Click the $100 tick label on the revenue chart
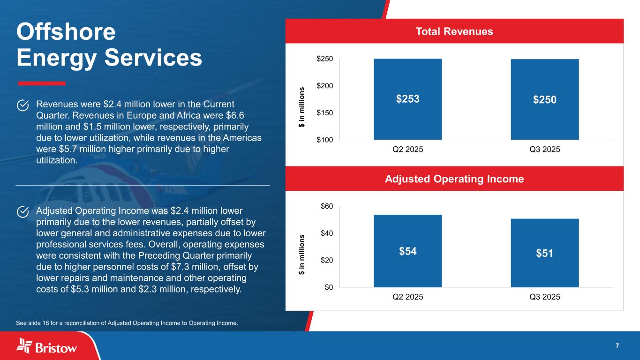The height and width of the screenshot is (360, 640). pyautogui.click(x=326, y=140)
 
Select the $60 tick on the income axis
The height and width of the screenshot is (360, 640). pyautogui.click(x=327, y=206)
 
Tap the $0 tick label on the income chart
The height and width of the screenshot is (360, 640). pyautogui.click(x=329, y=287)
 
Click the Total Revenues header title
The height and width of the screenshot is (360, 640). pyautogui.click(x=454, y=31)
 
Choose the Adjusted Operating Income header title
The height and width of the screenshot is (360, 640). pyautogui.click(x=454, y=179)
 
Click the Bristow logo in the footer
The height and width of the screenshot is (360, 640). pyautogui.click(x=47, y=346)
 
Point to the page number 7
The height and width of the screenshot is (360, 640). pyautogui.click(x=617, y=346)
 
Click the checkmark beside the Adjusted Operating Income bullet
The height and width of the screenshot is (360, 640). pyautogui.click(x=23, y=212)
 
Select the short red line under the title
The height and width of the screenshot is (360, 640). pyautogui.click(x=41, y=83)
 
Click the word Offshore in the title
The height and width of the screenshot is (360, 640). pyautogui.click(x=66, y=32)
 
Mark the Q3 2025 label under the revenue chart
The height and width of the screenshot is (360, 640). pyautogui.click(x=544, y=150)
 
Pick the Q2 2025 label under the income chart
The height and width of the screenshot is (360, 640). pyautogui.click(x=407, y=297)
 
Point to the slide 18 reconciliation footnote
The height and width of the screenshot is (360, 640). pyautogui.click(x=127, y=322)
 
